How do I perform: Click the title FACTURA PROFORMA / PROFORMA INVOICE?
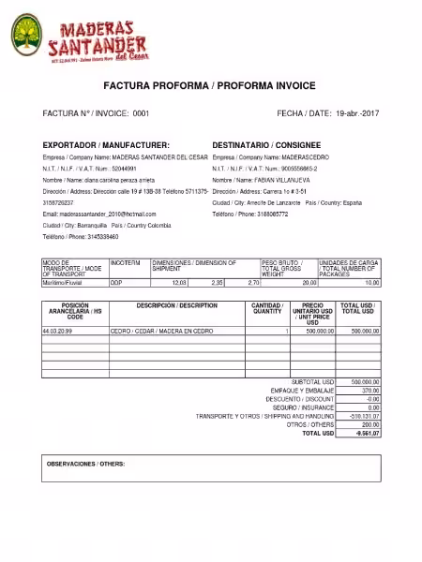(x=210, y=85)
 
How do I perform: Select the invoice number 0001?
(x=141, y=113)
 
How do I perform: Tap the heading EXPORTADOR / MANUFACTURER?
(x=106, y=146)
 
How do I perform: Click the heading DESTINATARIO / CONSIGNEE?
(x=266, y=146)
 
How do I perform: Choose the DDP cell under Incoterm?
(x=116, y=282)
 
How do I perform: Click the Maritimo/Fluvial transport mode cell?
(x=63, y=282)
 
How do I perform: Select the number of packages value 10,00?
(x=371, y=282)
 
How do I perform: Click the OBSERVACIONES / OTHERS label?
(x=85, y=464)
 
